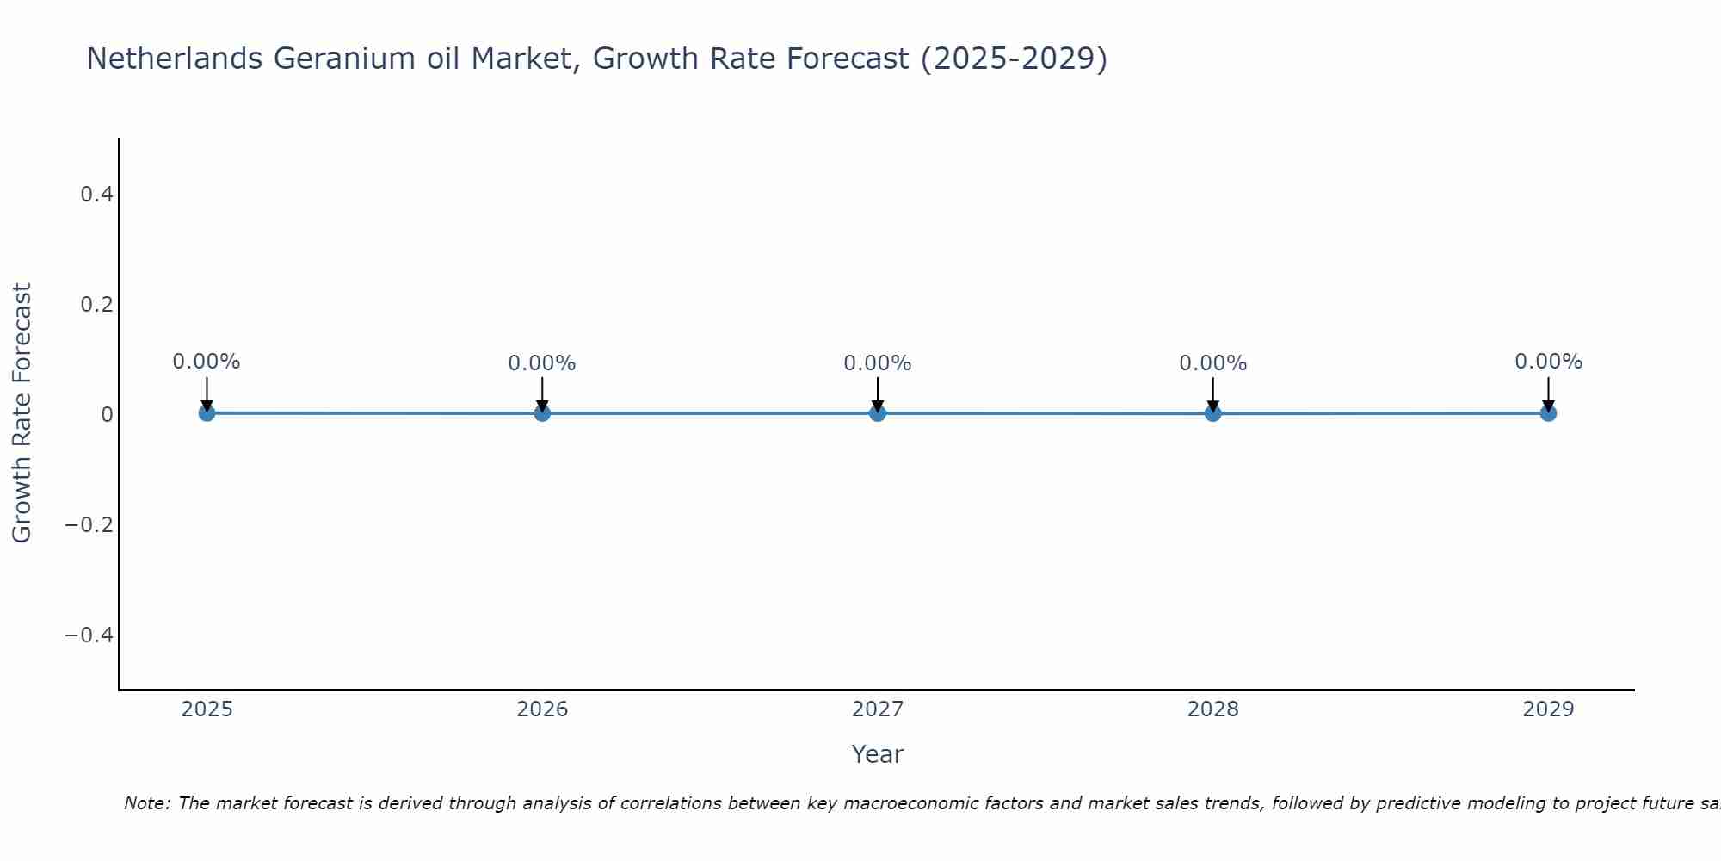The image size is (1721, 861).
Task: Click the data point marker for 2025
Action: click(x=207, y=413)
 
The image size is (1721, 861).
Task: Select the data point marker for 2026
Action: click(x=542, y=413)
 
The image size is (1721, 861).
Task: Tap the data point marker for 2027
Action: click(x=878, y=413)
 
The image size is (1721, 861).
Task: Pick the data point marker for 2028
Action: click(x=1212, y=413)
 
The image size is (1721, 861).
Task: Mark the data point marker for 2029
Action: click(x=1548, y=413)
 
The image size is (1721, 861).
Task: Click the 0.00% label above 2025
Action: click(x=207, y=362)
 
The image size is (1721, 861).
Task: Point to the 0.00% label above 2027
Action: click(x=878, y=363)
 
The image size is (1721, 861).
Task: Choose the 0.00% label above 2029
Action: click(x=1548, y=362)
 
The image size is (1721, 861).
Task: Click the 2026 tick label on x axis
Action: click(x=542, y=709)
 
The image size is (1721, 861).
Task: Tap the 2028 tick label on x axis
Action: click(x=1212, y=709)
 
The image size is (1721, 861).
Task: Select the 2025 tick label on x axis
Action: click(x=207, y=709)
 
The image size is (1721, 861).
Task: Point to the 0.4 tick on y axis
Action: click(x=96, y=195)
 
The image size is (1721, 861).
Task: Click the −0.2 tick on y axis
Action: click(x=89, y=525)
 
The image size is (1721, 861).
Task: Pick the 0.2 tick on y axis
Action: click(x=96, y=305)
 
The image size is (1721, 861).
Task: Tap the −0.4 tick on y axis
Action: click(x=89, y=635)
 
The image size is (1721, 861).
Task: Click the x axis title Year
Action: click(x=877, y=754)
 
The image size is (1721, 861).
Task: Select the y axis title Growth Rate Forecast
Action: click(x=22, y=413)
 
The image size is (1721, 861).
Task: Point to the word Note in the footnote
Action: click(x=146, y=803)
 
